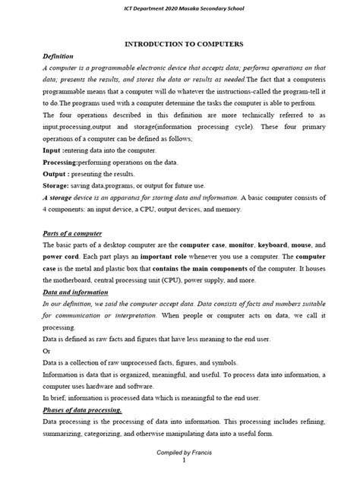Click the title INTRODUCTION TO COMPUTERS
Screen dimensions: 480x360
pos(179,45)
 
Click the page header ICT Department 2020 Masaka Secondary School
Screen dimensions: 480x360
pos(179,8)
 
